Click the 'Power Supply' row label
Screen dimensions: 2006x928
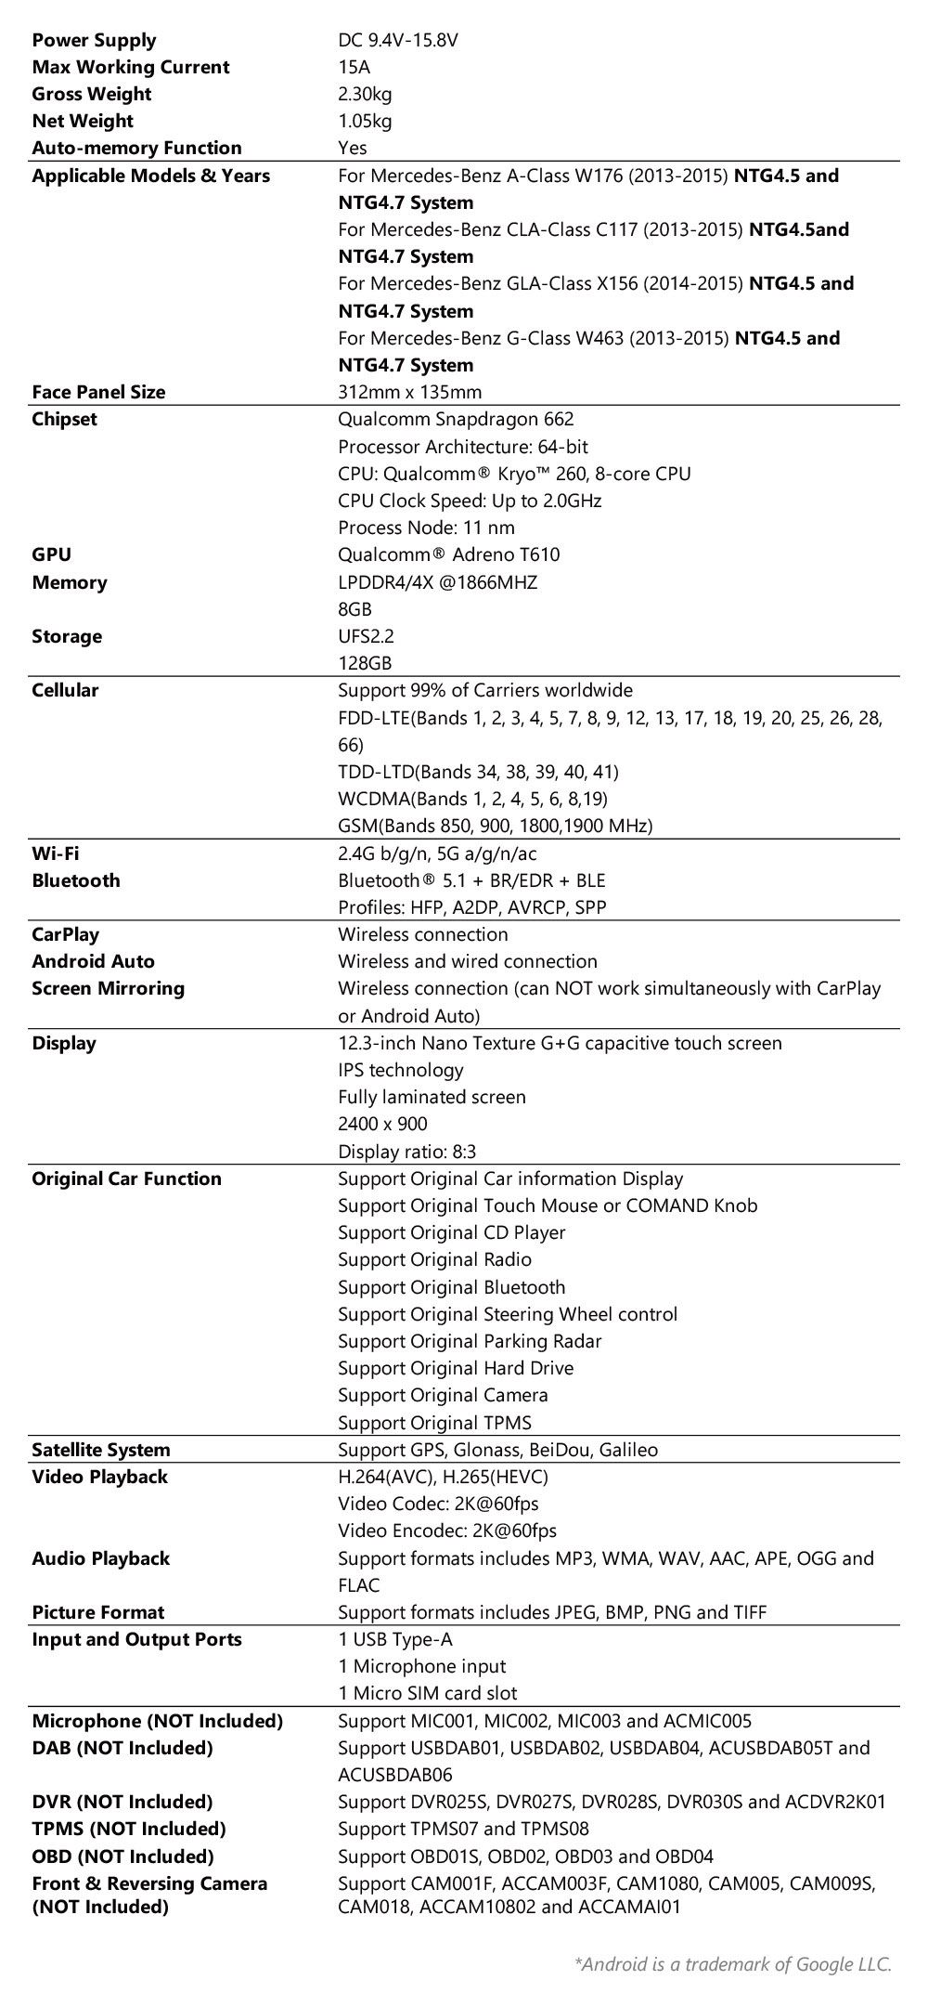[94, 40]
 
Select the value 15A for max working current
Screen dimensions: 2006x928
[354, 67]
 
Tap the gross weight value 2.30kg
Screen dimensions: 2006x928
[365, 94]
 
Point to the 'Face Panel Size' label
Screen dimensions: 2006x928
[98, 392]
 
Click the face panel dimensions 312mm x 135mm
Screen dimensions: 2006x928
[409, 392]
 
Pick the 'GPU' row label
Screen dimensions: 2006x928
[51, 554]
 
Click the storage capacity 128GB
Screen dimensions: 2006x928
[365, 663]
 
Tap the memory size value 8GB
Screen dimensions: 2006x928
[354, 609]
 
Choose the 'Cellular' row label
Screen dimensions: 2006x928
[65, 690]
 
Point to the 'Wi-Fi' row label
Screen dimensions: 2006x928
[55, 853]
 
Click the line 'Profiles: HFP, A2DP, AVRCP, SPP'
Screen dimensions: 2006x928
[471, 907]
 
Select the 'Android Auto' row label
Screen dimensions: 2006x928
[93, 961]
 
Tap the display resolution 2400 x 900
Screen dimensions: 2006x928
[382, 1124]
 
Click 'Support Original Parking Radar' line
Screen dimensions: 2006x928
[470, 1341]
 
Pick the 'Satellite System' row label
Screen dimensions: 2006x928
[101, 1450]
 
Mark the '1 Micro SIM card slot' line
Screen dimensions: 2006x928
[428, 1693]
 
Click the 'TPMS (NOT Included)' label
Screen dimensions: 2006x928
[129, 1829]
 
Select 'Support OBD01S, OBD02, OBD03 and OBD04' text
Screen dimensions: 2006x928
[525, 1856]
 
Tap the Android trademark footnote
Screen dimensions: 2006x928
[733, 1963]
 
